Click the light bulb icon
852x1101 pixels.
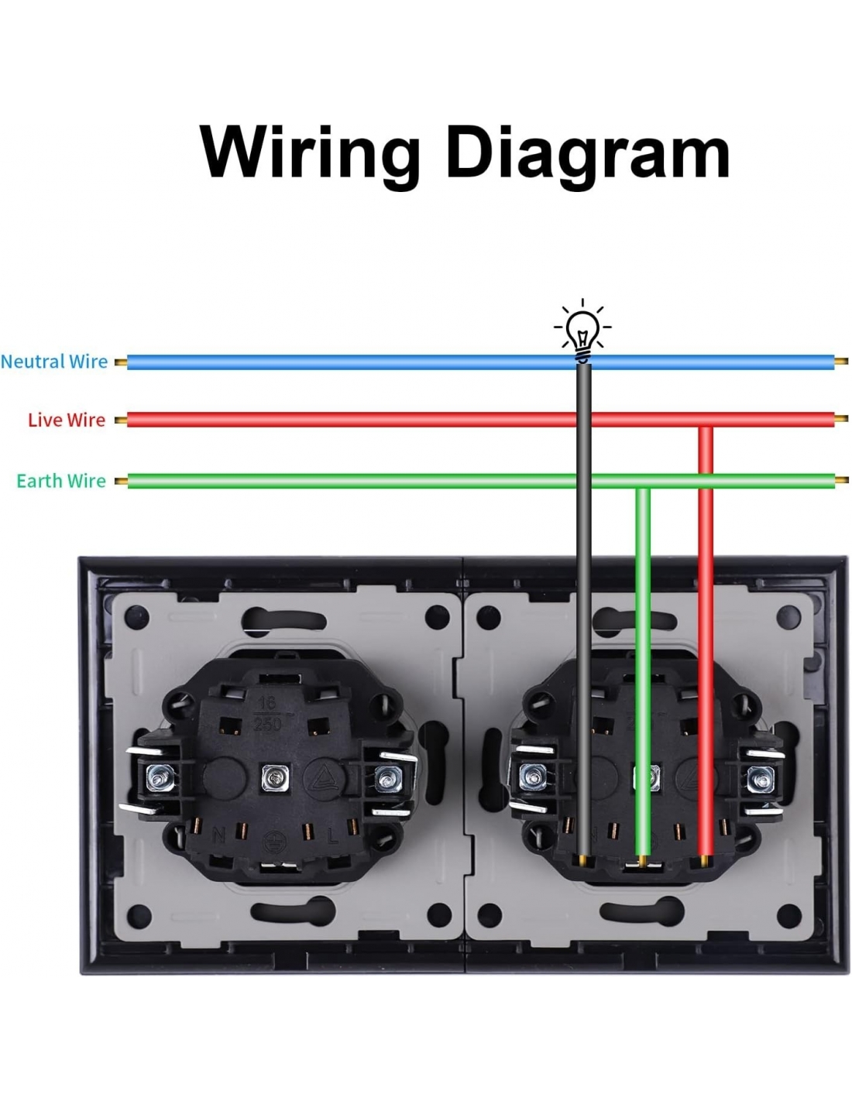(582, 331)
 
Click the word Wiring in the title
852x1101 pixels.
(310, 153)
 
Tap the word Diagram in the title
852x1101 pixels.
(588, 154)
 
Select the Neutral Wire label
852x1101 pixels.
(54, 362)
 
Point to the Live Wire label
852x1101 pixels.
(67, 420)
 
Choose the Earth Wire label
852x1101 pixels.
(61, 481)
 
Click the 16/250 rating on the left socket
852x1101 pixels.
(267, 713)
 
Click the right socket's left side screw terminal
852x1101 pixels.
(531, 777)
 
